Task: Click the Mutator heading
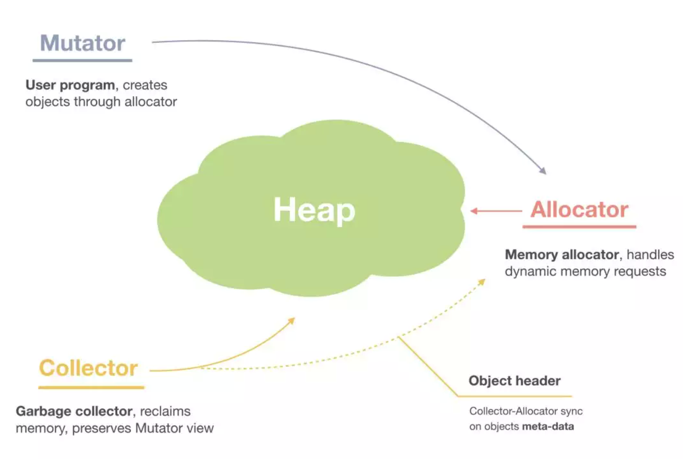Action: click(83, 43)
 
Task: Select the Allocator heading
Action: click(579, 210)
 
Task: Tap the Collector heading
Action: click(89, 369)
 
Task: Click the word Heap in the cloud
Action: click(314, 210)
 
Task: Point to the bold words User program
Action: click(70, 85)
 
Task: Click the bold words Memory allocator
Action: click(561, 255)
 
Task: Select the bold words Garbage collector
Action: click(74, 411)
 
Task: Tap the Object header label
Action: click(515, 381)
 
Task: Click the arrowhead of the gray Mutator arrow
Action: click(543, 171)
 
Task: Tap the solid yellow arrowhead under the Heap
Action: click(291, 320)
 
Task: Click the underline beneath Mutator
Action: click(83, 60)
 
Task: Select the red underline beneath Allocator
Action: click(579, 226)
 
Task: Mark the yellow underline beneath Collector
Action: click(91, 387)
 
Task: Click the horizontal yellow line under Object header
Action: click(514, 396)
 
